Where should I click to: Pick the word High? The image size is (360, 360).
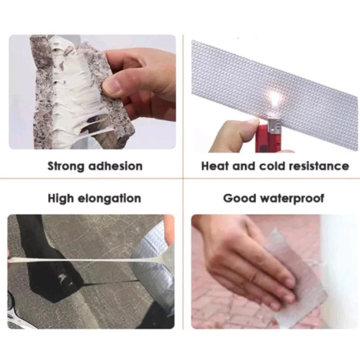tap(60, 198)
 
